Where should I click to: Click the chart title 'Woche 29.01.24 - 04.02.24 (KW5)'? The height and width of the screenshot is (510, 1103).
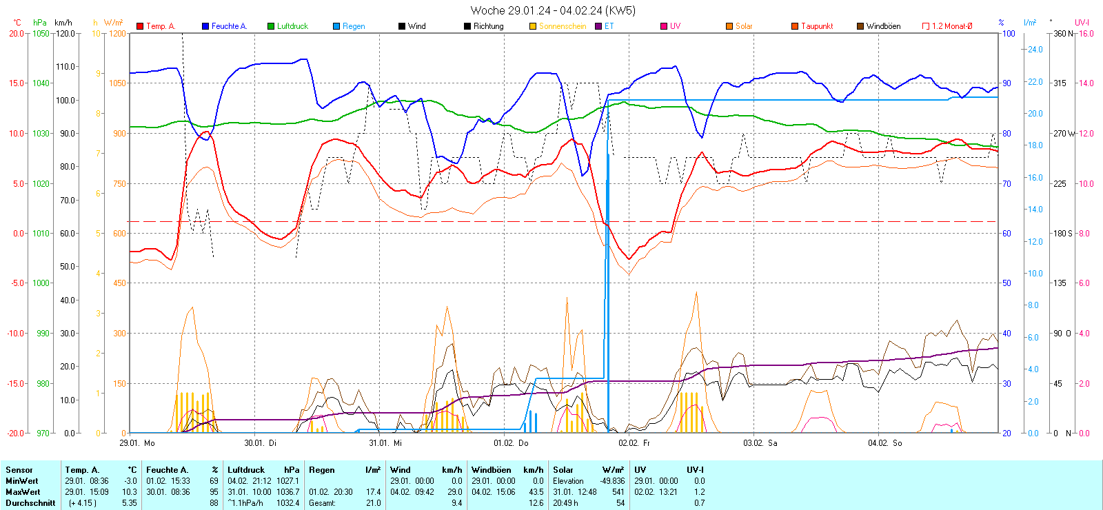coord(553,10)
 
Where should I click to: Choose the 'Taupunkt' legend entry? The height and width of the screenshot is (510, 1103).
coord(816,26)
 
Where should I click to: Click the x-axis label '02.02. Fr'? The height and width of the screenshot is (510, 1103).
coord(634,443)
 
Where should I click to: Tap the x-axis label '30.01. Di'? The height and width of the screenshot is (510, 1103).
coord(260,443)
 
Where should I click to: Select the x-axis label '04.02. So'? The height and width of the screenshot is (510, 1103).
coord(884,443)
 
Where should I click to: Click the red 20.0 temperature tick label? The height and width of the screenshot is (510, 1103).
coord(17,33)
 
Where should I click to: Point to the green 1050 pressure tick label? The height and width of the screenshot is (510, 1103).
coord(41,33)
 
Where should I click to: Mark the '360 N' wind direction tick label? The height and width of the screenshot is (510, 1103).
coord(1063,33)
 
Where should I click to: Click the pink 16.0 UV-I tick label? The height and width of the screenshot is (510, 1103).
coord(1086,33)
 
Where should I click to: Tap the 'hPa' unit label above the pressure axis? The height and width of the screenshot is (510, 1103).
coord(40,23)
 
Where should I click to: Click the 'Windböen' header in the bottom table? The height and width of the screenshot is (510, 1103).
coord(492,470)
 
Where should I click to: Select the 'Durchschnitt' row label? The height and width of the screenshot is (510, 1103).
coord(30,503)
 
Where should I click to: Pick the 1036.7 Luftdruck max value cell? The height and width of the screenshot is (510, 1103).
coord(287,492)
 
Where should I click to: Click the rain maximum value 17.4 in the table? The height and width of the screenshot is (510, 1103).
coord(373,492)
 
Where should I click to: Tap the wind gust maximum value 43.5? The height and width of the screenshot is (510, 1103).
coord(536,492)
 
